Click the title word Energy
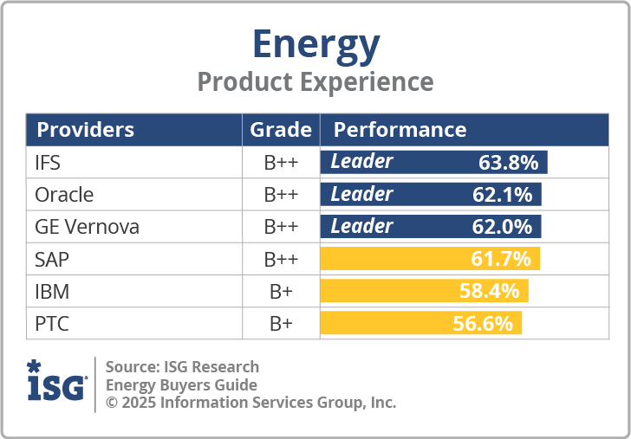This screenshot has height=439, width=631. tap(315, 43)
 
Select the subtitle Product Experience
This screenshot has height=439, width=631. tap(315, 81)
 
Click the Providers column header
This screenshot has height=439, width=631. tap(85, 130)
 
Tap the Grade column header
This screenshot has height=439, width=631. tap(281, 130)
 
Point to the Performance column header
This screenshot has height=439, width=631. tap(400, 130)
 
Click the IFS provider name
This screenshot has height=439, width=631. tap(48, 163)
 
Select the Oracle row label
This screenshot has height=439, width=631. tap(64, 195)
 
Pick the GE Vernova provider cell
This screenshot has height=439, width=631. tap(87, 227)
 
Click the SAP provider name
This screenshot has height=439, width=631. tap(52, 259)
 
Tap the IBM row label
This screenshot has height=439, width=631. tap(52, 292)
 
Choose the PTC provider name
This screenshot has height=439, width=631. tap(52, 324)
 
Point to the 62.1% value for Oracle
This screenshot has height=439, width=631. tap(503, 195)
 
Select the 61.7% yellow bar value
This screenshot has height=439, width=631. tap(502, 259)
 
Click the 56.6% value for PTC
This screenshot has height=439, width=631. tap(483, 324)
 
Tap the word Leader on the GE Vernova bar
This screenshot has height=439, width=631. tap(361, 227)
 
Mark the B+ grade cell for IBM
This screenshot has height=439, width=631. tap(281, 292)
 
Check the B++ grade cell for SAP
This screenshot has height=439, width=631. tap(281, 259)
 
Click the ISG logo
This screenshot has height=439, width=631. tap(56, 382)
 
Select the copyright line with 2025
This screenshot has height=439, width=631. tap(250, 403)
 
